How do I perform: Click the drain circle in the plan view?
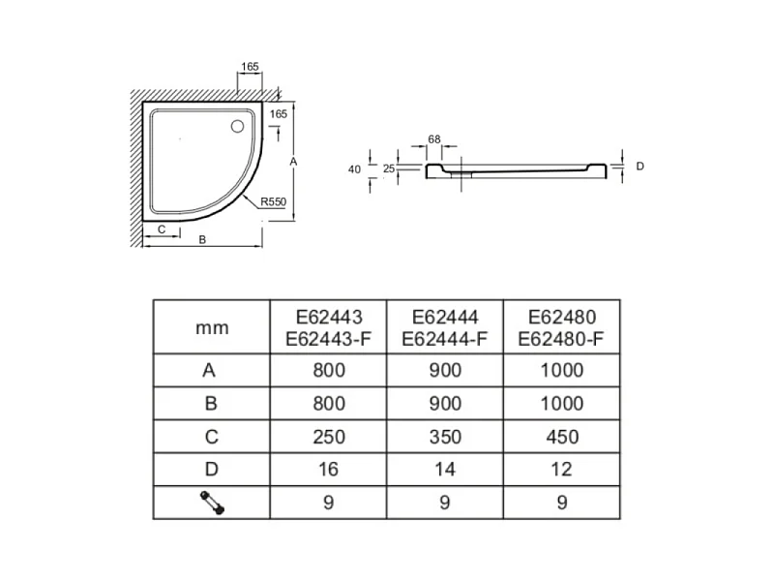point(237,127)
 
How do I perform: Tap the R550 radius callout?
point(273,201)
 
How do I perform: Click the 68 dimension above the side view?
point(434,139)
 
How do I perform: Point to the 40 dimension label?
point(354,169)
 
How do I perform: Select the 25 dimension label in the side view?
point(389,168)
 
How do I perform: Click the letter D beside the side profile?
point(640,166)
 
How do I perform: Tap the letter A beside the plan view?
point(293,162)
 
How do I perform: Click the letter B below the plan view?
point(202,239)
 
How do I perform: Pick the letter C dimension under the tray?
point(162,229)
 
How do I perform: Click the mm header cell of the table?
point(212,327)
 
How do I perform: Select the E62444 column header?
point(445,328)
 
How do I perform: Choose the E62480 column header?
point(561,328)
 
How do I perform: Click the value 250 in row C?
point(329,437)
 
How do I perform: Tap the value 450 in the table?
point(562,437)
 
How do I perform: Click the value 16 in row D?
point(328,470)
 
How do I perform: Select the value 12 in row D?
point(562,470)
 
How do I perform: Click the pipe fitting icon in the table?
point(212,503)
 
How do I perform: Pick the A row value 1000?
point(562,370)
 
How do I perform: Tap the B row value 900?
point(445,404)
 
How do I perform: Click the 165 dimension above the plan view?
point(250,66)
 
